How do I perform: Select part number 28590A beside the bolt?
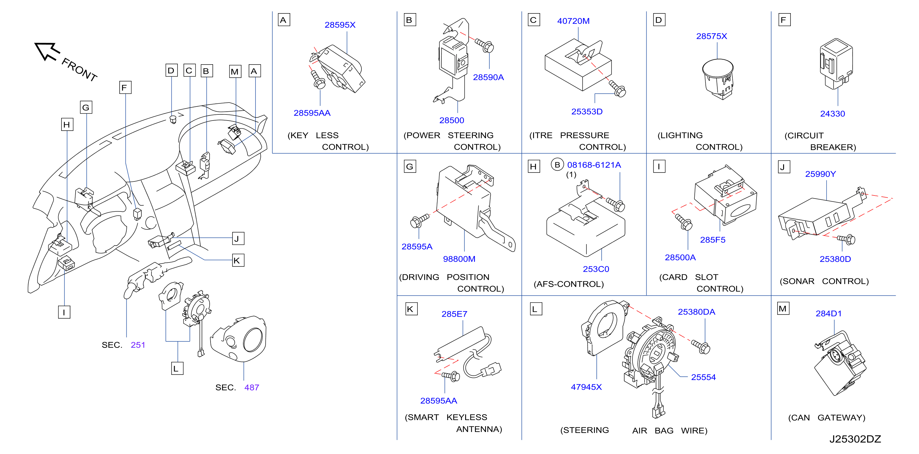[488, 77]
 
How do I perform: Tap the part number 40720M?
[573, 21]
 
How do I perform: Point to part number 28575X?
[712, 36]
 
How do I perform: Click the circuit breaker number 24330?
[832, 114]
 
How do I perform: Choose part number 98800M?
[459, 259]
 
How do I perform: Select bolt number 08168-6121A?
[594, 165]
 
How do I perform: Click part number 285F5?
[712, 240]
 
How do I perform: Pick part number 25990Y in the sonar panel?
[820, 174]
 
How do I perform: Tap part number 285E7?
[454, 314]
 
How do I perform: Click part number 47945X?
[586, 387]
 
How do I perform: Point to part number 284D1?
[828, 314]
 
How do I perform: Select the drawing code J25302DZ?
[855, 439]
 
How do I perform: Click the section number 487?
[252, 387]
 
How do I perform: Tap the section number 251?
[138, 345]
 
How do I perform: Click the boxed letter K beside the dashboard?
[238, 260]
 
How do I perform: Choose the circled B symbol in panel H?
[557, 165]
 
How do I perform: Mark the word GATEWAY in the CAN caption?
[841, 418]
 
